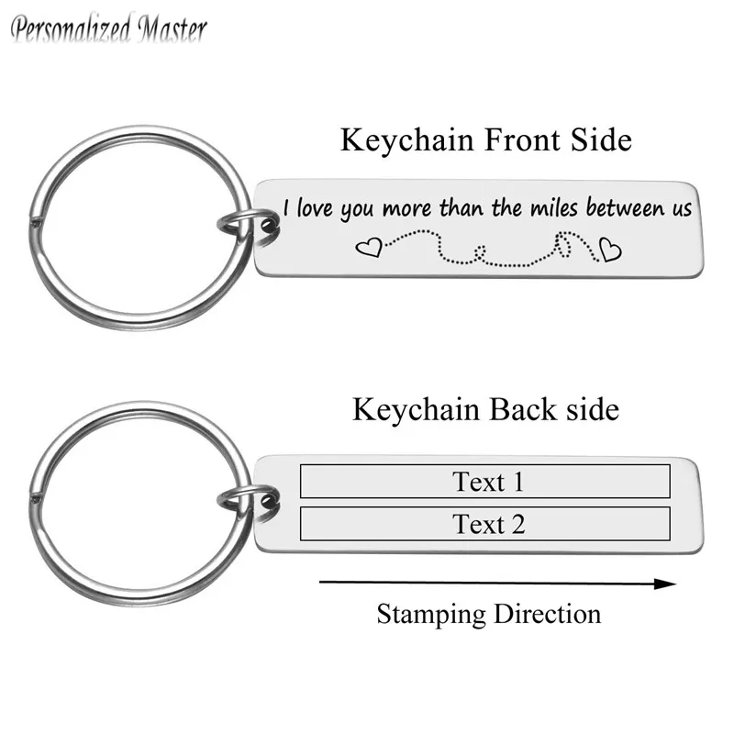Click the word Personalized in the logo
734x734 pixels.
(71, 29)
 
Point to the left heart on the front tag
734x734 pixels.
(370, 248)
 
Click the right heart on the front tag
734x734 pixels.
(610, 249)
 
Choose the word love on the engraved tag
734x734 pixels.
(314, 208)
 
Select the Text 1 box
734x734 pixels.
(485, 481)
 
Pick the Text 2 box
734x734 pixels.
(485, 524)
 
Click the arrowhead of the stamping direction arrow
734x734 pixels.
(665, 584)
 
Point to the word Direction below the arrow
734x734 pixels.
(547, 614)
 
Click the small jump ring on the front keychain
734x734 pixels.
(248, 226)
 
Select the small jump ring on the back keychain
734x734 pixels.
(248, 501)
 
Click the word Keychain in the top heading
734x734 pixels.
(406, 139)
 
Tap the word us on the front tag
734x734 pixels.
(683, 209)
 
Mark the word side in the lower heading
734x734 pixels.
(593, 409)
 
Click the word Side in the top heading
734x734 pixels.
(601, 139)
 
